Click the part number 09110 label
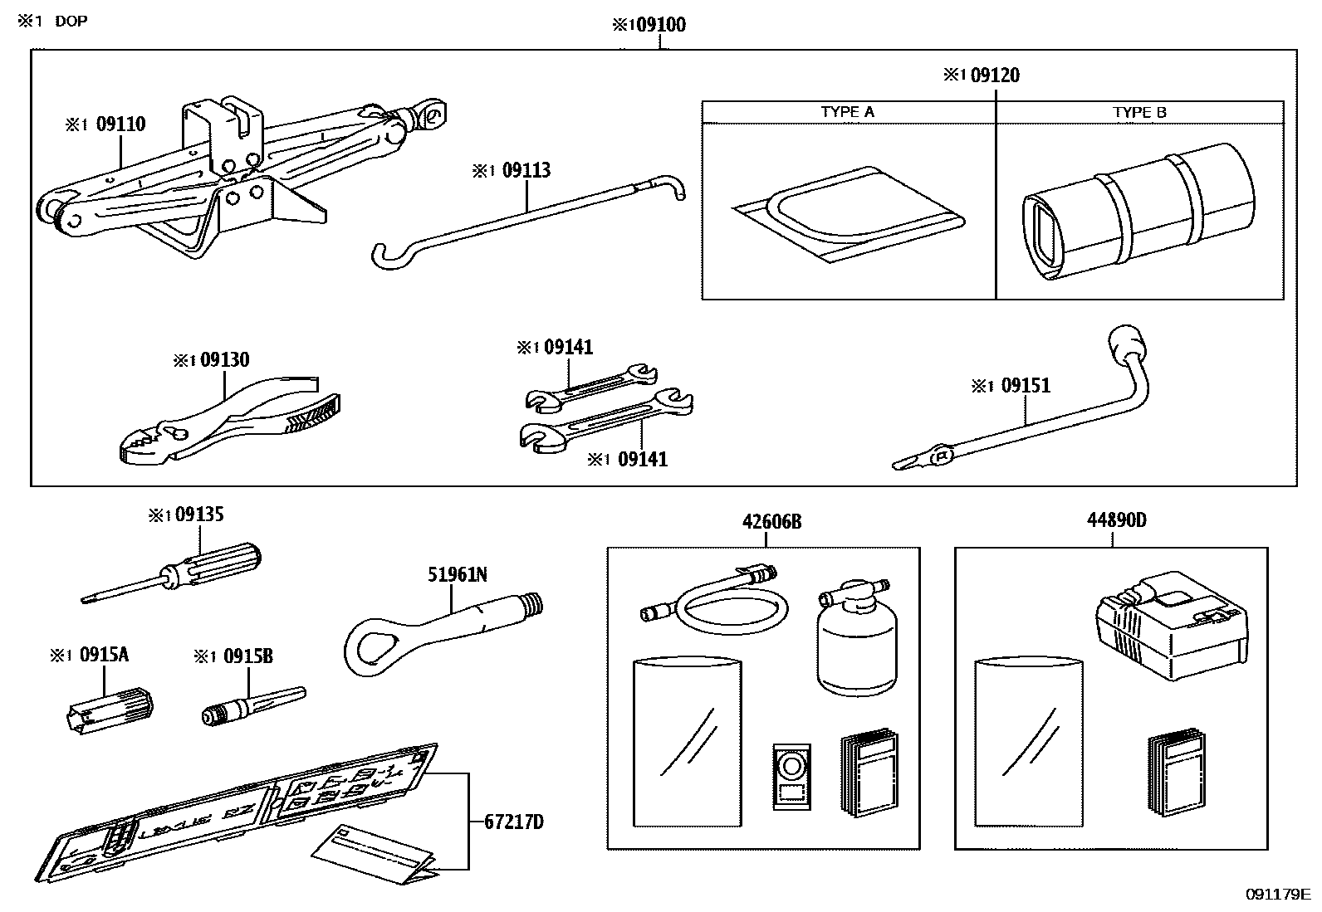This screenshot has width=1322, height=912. [x=120, y=124]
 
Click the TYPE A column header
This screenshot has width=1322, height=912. [x=847, y=112]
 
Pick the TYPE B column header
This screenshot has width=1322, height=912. [x=1139, y=112]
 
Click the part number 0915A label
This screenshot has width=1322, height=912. [x=104, y=655]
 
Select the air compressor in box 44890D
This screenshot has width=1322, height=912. [x=1171, y=618]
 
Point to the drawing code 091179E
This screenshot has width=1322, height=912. [x=1276, y=894]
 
